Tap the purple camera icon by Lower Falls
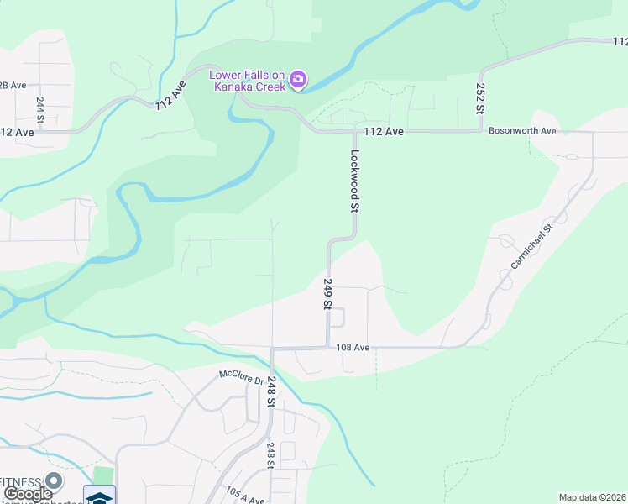pos(298,81)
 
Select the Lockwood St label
pos(355,181)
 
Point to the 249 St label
pos(327,295)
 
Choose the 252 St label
pos(480,98)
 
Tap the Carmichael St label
pos(532,247)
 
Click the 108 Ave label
pos(353,347)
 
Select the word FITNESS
pos(21,481)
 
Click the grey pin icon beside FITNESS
pos(55,481)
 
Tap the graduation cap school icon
pos(99,496)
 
